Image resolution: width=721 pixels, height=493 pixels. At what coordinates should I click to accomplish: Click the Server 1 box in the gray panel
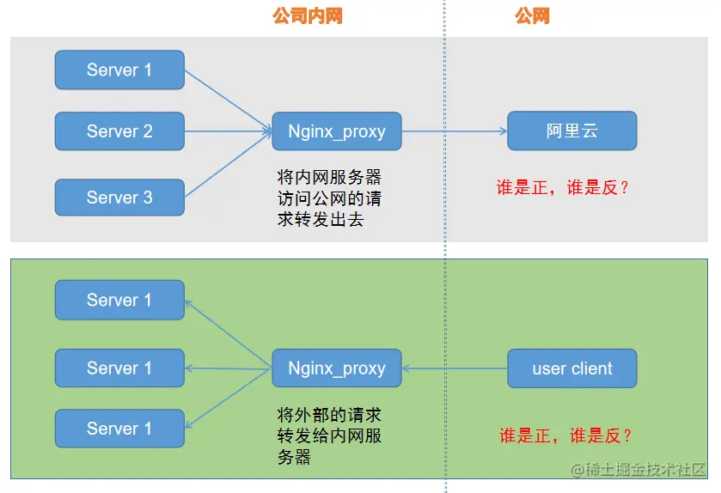(119, 70)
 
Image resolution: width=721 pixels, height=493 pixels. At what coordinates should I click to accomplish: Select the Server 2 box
(119, 131)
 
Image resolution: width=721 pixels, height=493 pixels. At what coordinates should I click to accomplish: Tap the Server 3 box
(119, 198)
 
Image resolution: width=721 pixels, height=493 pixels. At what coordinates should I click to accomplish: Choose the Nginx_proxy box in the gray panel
(337, 131)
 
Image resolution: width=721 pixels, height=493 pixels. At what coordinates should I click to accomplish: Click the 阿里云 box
(571, 131)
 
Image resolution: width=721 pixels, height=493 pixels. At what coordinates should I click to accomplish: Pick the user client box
(571, 368)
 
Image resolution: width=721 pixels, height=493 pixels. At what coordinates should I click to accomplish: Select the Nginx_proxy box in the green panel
(337, 368)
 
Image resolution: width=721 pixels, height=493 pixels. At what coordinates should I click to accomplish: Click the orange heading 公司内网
(307, 15)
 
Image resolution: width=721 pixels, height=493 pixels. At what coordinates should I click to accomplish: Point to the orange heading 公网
(532, 15)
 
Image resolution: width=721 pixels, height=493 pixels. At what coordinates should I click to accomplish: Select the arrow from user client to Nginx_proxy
(455, 368)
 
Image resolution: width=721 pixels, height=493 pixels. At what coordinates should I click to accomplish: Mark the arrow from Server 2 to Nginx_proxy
(228, 131)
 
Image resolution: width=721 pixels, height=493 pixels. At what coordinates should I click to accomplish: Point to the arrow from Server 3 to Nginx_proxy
(228, 166)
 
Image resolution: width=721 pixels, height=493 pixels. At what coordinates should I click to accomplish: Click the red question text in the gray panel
(563, 188)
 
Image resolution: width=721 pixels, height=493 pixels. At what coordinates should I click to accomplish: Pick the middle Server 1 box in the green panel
(119, 368)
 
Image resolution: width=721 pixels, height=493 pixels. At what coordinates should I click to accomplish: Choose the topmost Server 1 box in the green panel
(119, 300)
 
